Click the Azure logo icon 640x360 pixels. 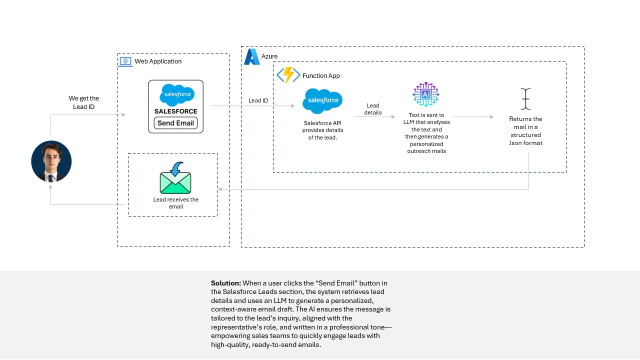point(251,57)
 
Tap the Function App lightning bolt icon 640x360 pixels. point(288,75)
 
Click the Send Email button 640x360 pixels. point(175,123)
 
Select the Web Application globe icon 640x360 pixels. point(125,61)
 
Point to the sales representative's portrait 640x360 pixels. point(51,161)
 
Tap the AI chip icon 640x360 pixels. point(426,94)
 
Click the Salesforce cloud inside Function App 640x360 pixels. point(322,100)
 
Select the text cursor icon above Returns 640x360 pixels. point(525,99)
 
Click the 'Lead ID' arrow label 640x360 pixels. point(258,100)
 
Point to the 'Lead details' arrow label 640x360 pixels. point(373,109)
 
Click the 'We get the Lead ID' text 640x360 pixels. point(84,102)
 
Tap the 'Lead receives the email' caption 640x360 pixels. point(176,203)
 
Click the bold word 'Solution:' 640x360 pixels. point(226,283)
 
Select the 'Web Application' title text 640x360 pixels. point(158,61)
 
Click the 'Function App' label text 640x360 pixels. point(321,76)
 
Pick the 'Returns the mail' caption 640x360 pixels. point(526,131)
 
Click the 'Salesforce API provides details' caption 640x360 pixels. point(323,130)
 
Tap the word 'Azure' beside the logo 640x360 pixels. point(269,56)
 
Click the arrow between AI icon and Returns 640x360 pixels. point(472,117)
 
